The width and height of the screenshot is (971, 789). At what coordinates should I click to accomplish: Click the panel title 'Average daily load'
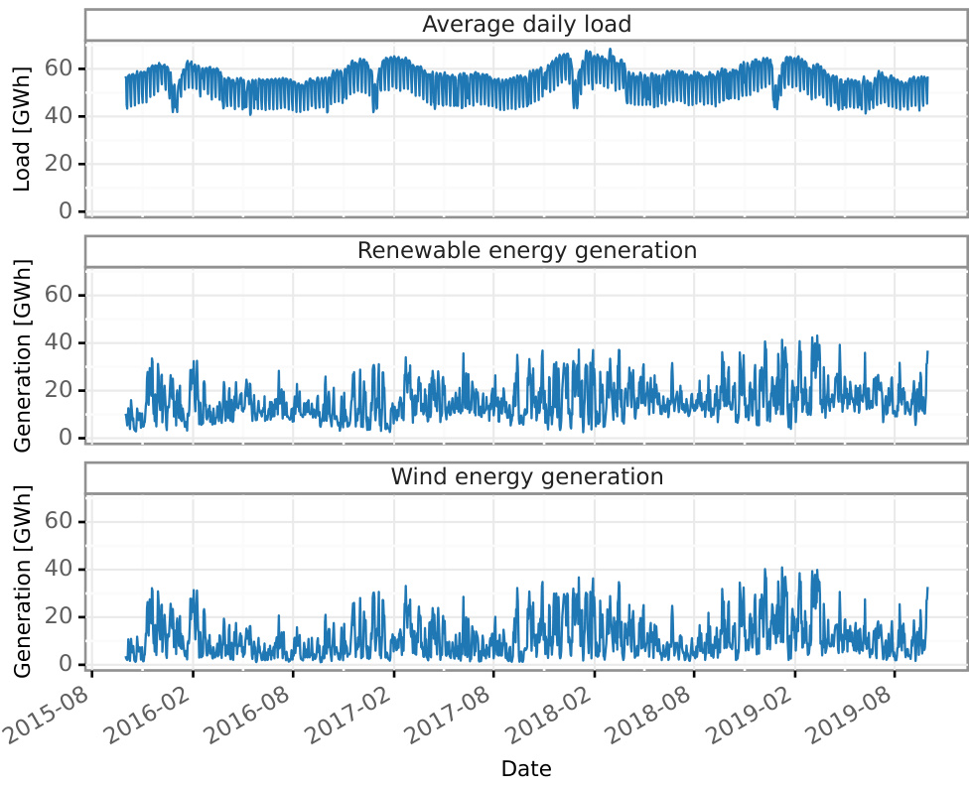526,24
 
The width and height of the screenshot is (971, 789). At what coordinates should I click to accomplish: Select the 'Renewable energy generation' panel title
526,251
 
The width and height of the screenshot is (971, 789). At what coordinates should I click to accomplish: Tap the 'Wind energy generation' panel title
526,477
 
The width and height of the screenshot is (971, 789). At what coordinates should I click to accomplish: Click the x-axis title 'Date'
526,768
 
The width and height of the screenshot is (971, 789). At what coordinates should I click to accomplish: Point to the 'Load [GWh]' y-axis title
23,128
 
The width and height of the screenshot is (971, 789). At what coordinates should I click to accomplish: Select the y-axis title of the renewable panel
23,354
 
